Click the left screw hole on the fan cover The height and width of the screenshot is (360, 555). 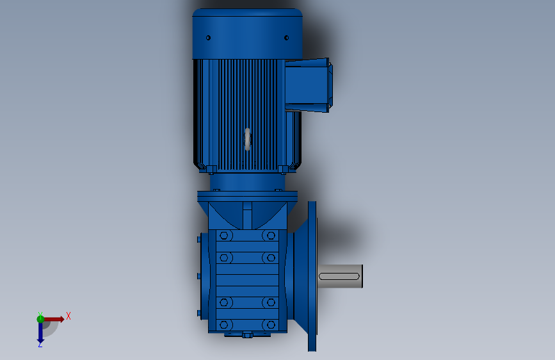[x=208, y=38]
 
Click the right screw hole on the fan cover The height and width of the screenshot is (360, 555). [x=286, y=38]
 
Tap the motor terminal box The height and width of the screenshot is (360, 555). [x=307, y=85]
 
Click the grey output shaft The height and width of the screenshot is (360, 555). [x=340, y=276]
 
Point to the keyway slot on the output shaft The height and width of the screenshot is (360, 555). [x=339, y=276]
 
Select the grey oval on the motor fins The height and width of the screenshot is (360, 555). [x=248, y=139]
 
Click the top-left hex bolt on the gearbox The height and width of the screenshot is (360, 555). [x=223, y=236]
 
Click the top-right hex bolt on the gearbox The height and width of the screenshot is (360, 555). [x=271, y=236]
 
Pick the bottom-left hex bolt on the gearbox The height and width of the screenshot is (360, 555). [x=223, y=325]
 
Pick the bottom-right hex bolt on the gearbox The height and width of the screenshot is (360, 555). [x=271, y=325]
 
